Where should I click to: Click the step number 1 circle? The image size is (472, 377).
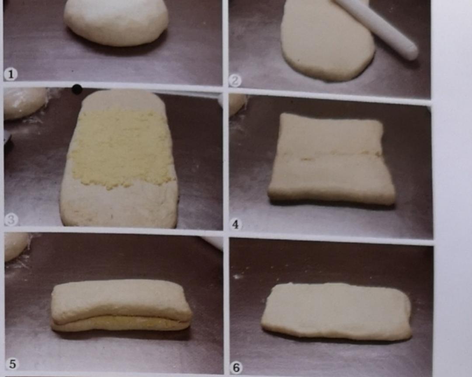tap(11, 74)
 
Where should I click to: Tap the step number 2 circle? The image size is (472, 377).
tap(235, 80)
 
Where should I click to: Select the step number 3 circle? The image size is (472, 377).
tap(11, 220)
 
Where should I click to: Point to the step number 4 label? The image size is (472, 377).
tap(236, 225)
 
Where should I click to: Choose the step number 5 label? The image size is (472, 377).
tap(12, 364)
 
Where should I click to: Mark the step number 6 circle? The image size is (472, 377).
tap(236, 368)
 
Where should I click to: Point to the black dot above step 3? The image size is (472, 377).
tap(77, 89)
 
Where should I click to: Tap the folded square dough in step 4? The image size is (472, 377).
tap(331, 159)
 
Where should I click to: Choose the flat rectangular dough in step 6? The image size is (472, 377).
tap(336, 312)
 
